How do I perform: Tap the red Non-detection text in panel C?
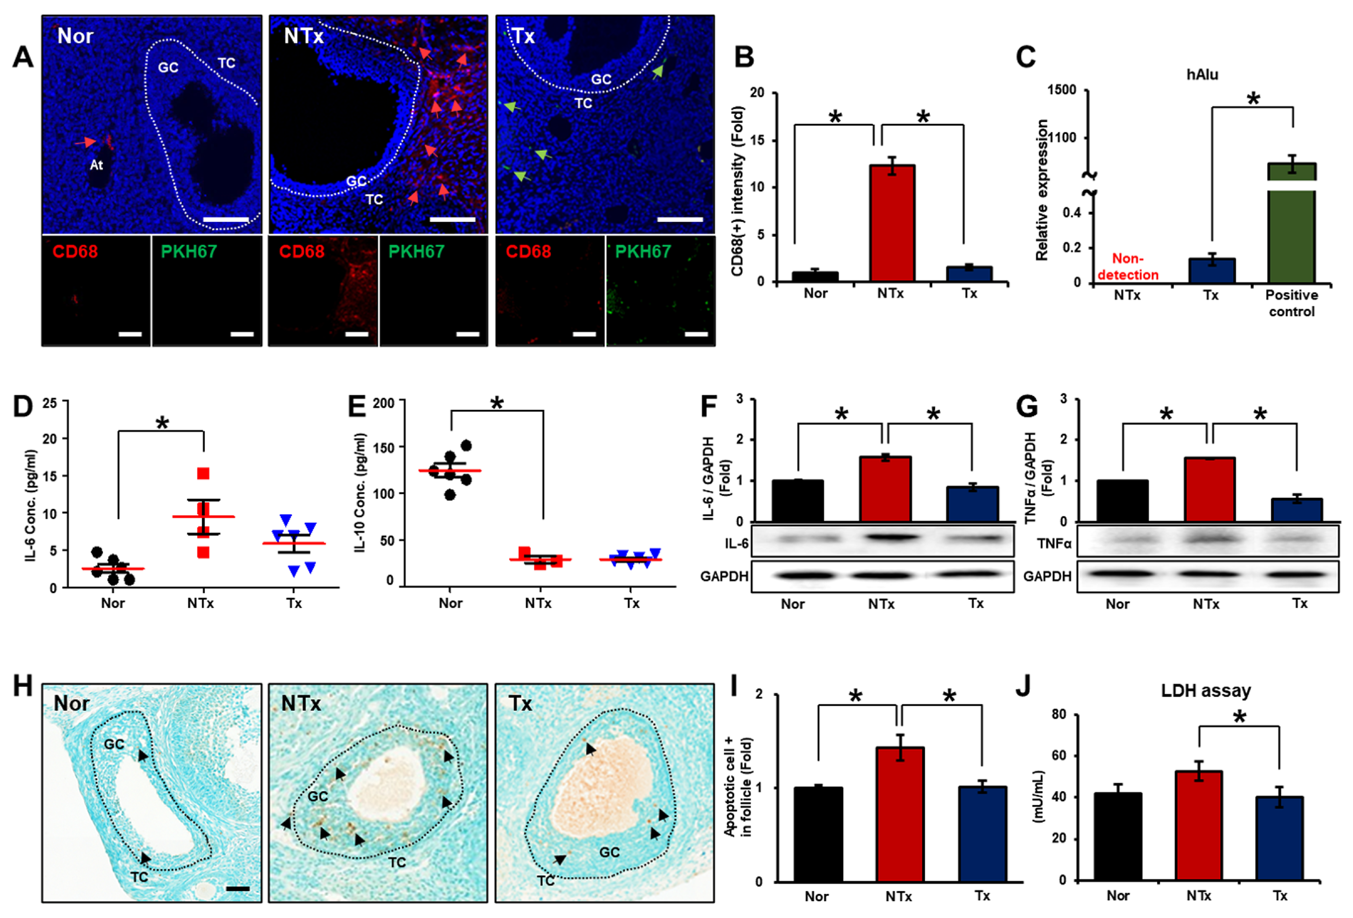pyautogui.click(x=1128, y=267)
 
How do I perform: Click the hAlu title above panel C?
pyautogui.click(x=1202, y=74)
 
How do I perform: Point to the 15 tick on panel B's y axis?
pyautogui.click(x=757, y=140)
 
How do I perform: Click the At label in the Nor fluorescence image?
pyautogui.click(x=96, y=165)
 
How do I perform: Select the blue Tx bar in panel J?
pyautogui.click(x=1279, y=838)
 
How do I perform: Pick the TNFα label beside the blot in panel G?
pyautogui.click(x=1054, y=544)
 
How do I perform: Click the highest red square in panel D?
pyautogui.click(x=203, y=473)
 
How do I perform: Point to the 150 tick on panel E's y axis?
pyautogui.click(x=383, y=448)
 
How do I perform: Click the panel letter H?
pyautogui.click(x=23, y=686)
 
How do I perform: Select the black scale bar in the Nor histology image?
pyautogui.click(x=237, y=889)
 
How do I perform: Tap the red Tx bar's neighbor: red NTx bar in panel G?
pyautogui.click(x=1209, y=490)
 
